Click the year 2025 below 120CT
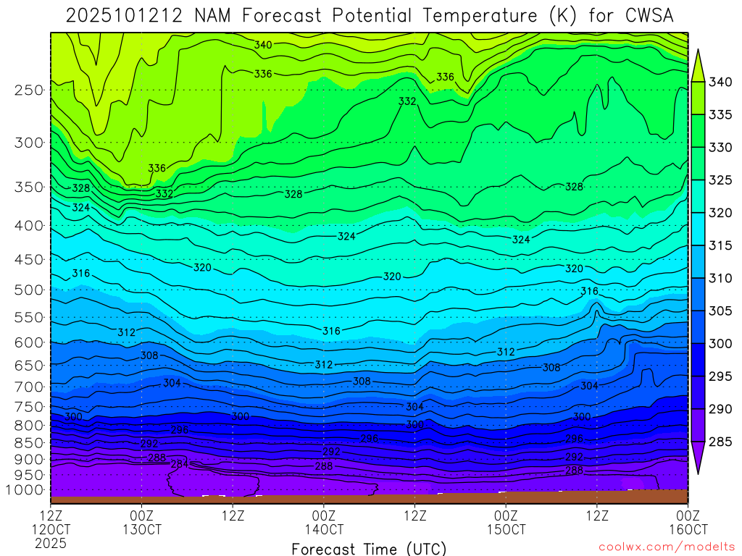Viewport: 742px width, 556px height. pos(51,542)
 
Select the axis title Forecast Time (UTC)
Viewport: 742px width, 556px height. pos(369,548)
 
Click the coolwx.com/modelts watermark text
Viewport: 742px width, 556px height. pos(667,547)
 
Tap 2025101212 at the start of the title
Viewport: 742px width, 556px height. pos(120,16)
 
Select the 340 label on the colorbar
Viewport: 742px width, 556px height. pos(720,82)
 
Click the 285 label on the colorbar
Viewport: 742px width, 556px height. pos(720,442)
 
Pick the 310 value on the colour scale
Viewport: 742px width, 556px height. pos(720,278)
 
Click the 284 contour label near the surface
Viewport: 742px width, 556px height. pos(179,464)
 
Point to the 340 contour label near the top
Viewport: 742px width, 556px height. pos(263,45)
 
